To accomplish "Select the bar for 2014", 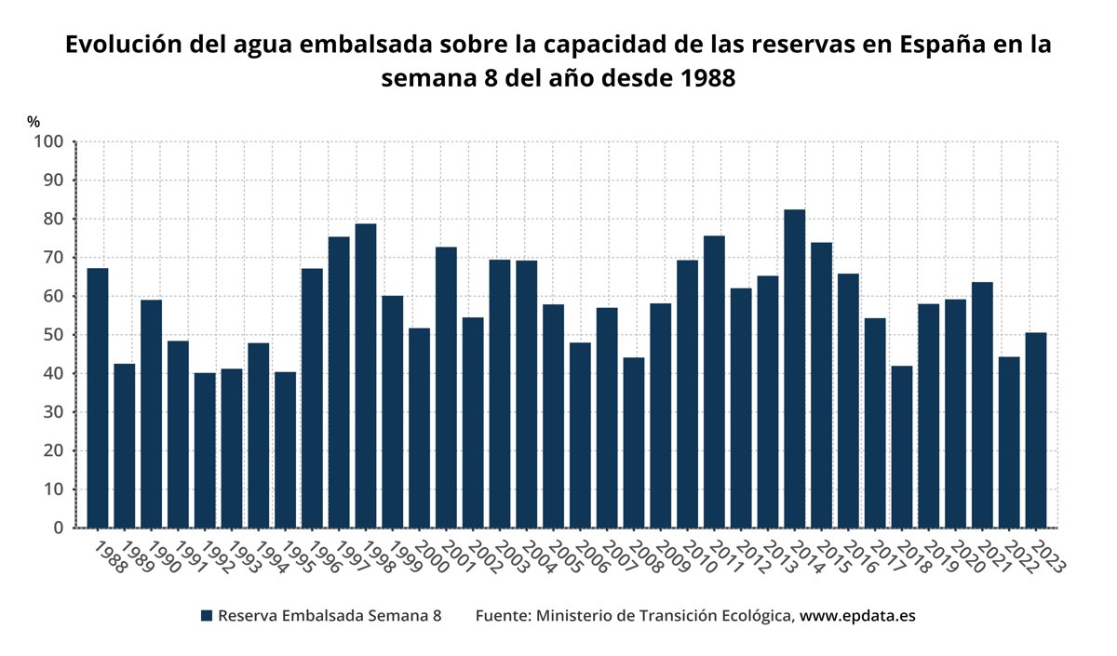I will pyautogui.click(x=794, y=368).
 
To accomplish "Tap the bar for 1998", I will pyautogui.click(x=366, y=376).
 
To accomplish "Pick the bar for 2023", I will pyautogui.click(x=1035, y=430).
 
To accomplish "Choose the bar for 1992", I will pyautogui.click(x=205, y=450).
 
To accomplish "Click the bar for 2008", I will pyautogui.click(x=634, y=443).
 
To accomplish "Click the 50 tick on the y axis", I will pyautogui.click(x=53, y=335).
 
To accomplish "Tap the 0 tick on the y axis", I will pyautogui.click(x=58, y=529).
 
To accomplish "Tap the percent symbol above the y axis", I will pyautogui.click(x=34, y=122).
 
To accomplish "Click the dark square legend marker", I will pyautogui.click(x=207, y=616).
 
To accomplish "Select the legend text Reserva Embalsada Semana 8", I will pyautogui.click(x=329, y=616).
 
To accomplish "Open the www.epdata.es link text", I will pyautogui.click(x=858, y=616).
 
